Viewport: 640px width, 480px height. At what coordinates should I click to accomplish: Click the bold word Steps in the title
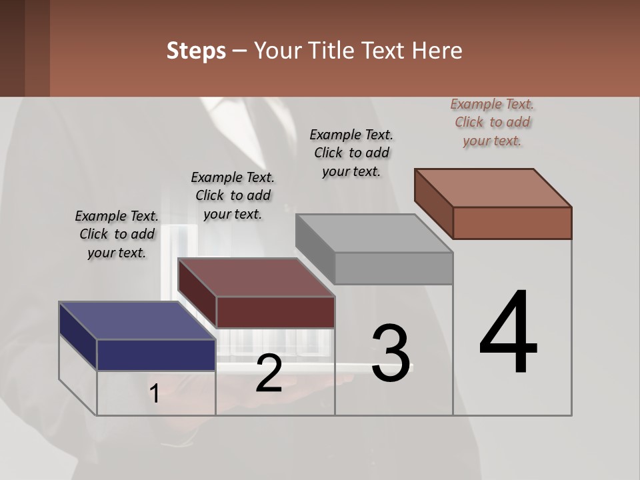[196, 51]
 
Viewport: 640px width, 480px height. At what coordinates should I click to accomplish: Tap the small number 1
[155, 394]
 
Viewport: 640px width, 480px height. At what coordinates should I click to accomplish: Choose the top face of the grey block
[373, 233]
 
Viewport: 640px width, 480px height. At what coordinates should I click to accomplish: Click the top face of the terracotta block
[493, 187]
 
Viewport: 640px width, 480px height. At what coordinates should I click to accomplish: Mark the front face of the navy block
[156, 355]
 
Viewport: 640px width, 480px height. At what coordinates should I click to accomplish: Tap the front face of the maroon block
[275, 312]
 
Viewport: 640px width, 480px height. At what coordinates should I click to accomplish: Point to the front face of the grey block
[393, 268]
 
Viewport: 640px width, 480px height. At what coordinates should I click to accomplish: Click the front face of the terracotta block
[512, 223]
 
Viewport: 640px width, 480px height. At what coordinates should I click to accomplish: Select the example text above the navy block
[117, 234]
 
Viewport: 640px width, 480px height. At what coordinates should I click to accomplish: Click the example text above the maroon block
[233, 195]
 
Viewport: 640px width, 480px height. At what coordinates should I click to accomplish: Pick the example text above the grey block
[351, 153]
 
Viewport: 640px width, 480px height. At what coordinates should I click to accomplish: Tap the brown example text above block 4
[492, 122]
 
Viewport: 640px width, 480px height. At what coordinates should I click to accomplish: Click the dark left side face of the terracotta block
[434, 203]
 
